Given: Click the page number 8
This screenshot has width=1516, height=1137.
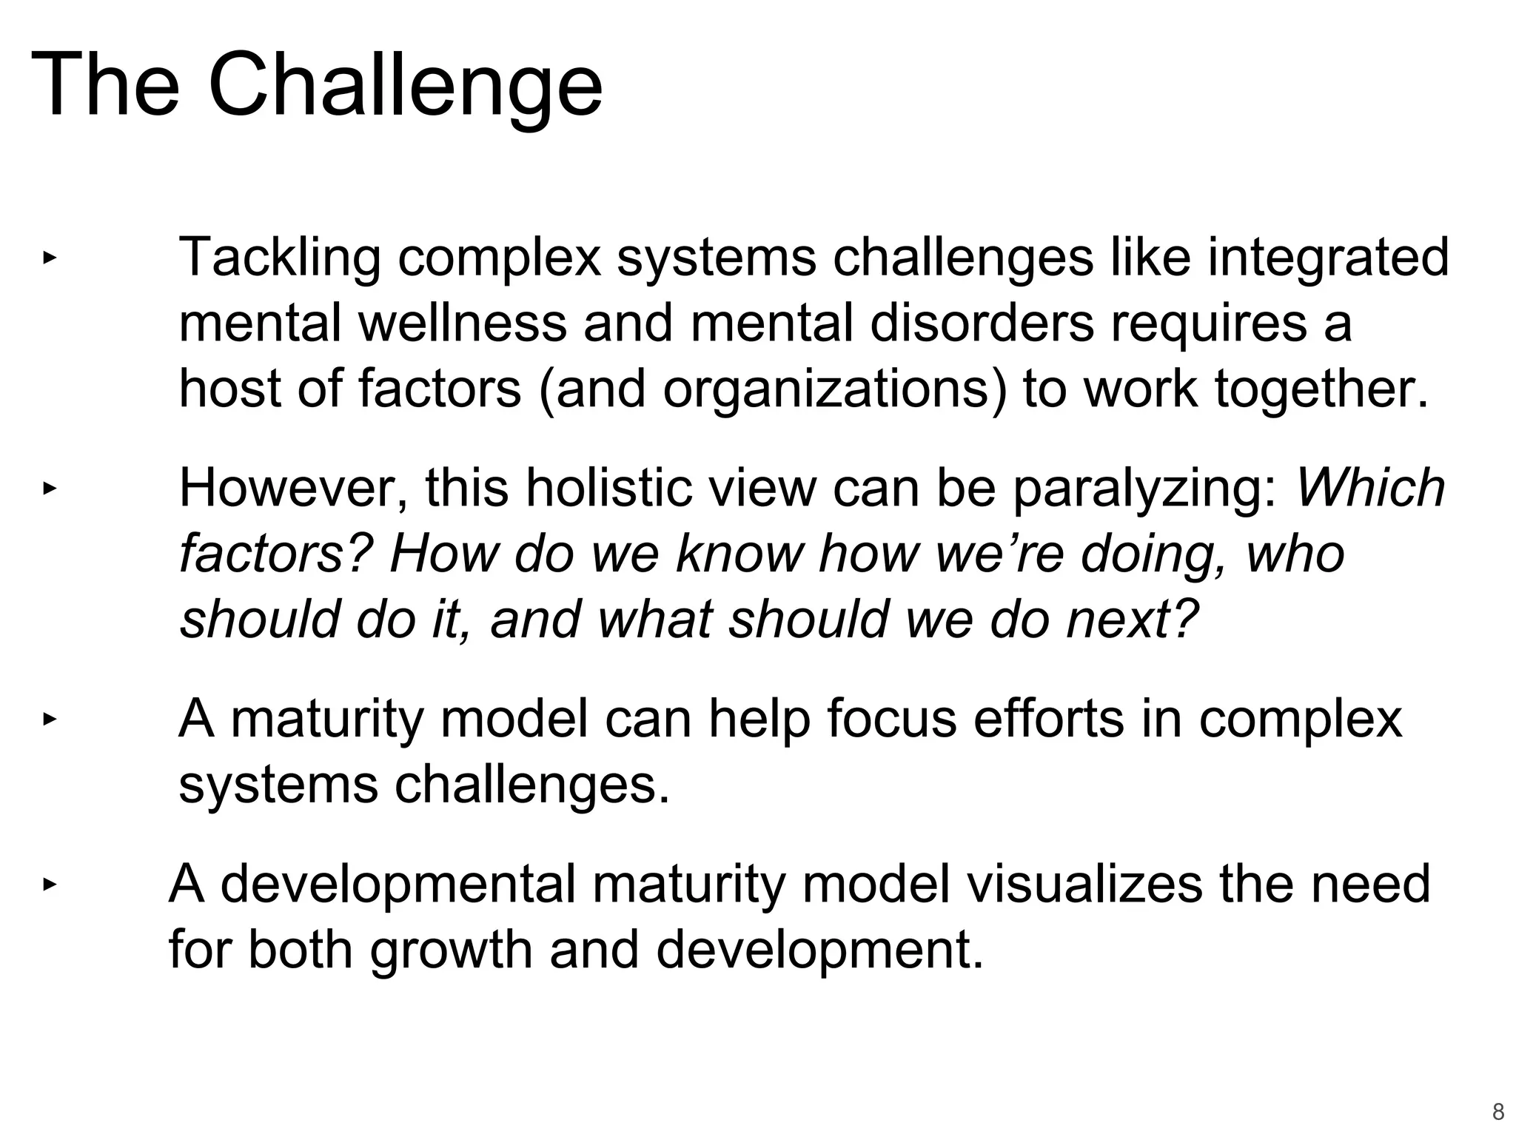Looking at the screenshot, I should click(1497, 1112).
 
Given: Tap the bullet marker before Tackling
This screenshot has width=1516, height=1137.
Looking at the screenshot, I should click(49, 258).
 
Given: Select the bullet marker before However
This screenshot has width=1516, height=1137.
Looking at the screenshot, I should click(49, 489).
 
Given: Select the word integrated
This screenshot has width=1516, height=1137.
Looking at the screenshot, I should click(1328, 258).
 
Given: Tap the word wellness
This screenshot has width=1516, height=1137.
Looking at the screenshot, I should click(463, 323).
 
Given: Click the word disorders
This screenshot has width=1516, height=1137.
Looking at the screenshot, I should click(981, 323).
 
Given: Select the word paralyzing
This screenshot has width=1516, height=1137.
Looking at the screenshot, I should click(1144, 489).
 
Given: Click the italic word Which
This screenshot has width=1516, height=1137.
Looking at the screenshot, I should click(1370, 489).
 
